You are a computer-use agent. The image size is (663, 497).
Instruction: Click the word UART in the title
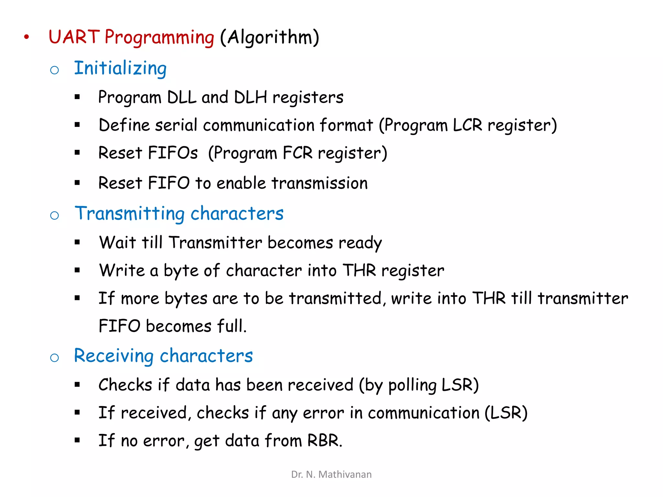tap(74, 37)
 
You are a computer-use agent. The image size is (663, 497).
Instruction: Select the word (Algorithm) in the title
tap(269, 37)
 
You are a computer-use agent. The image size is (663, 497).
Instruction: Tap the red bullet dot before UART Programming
tap(27, 37)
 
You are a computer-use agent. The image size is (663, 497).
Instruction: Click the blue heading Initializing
tap(120, 68)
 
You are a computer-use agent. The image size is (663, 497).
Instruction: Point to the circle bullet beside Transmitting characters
tap(54, 215)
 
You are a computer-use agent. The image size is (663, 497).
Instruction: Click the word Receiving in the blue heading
tap(114, 356)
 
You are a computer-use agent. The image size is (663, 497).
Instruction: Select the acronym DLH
tap(250, 97)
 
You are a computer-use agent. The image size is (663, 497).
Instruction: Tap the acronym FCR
tap(298, 153)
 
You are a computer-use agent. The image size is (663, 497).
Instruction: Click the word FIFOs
tap(173, 153)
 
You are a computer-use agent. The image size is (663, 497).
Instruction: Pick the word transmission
tap(320, 183)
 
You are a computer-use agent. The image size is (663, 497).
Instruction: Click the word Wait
tap(117, 242)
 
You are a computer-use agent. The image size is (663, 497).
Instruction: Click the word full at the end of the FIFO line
tap(231, 326)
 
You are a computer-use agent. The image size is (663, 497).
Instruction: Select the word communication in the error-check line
tap(423, 413)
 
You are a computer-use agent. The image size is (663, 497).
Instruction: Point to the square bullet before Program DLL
tap(77, 97)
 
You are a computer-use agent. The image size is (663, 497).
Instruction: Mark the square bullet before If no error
tap(77, 440)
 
